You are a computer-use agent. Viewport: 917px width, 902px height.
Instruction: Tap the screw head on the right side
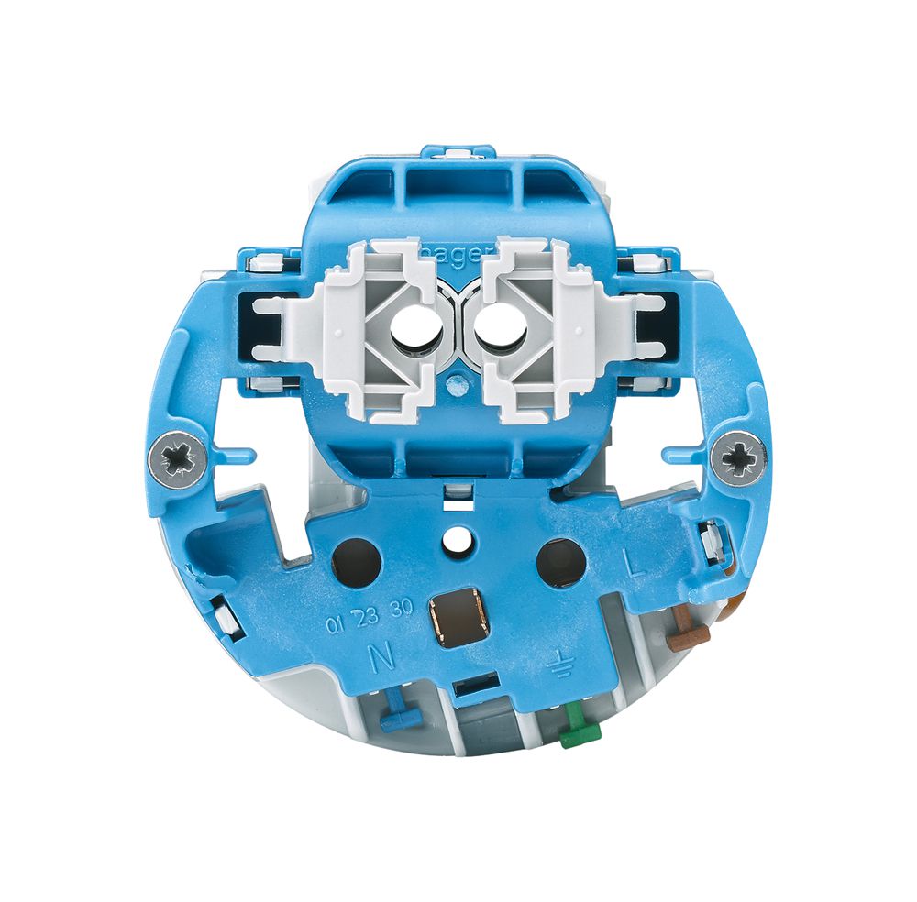coord(740,456)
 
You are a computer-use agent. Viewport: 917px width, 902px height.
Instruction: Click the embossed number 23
coord(368,617)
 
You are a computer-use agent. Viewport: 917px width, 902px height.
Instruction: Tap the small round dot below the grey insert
coord(454,383)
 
